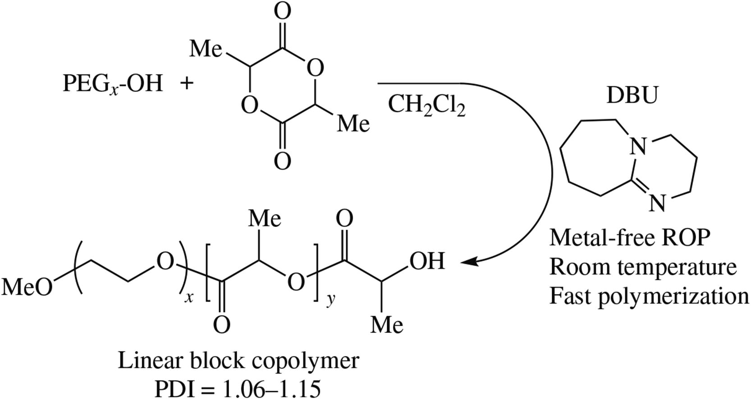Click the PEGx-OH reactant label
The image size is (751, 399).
(112, 84)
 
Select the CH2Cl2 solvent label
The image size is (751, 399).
(426, 106)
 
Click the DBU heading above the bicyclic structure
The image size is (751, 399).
(632, 95)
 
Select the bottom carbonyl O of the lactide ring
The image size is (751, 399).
(282, 161)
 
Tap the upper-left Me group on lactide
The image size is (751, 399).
(206, 48)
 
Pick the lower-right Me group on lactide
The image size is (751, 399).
(353, 122)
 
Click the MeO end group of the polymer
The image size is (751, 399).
(27, 287)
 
